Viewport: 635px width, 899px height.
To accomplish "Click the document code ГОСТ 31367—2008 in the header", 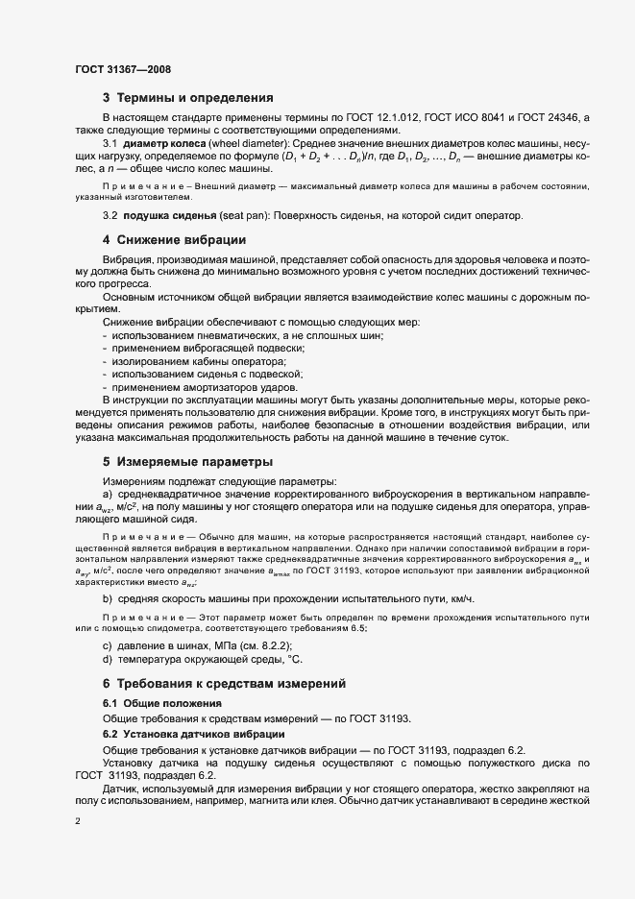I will [x=123, y=70].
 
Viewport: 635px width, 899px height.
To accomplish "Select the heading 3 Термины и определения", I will [x=188, y=98].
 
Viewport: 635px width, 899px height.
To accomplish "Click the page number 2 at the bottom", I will [x=78, y=822].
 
